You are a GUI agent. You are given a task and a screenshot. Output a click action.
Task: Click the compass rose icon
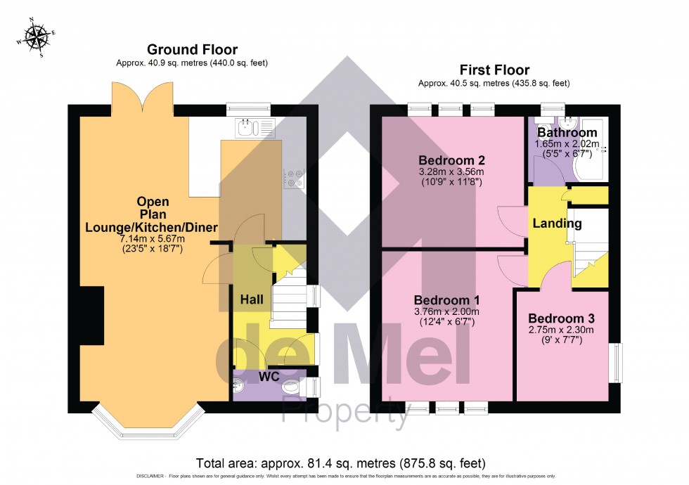click(x=34, y=37)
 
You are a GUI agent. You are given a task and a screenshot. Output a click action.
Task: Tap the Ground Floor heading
click(x=192, y=50)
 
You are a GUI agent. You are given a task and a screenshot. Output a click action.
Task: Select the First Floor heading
click(x=494, y=70)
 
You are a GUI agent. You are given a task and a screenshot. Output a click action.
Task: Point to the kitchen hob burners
click(x=293, y=179)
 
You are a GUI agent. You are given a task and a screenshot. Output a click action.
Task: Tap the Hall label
click(x=252, y=299)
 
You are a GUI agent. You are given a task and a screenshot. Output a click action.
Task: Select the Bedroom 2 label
click(x=451, y=159)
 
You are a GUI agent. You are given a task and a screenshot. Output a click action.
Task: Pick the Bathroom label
click(x=567, y=132)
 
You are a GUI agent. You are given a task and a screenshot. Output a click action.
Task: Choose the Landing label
click(x=557, y=224)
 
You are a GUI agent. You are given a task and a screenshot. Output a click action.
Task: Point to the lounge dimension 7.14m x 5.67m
click(x=151, y=239)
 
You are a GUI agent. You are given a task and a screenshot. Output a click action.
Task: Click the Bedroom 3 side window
click(x=616, y=362)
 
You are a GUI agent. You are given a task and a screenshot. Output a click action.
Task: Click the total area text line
click(x=341, y=463)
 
